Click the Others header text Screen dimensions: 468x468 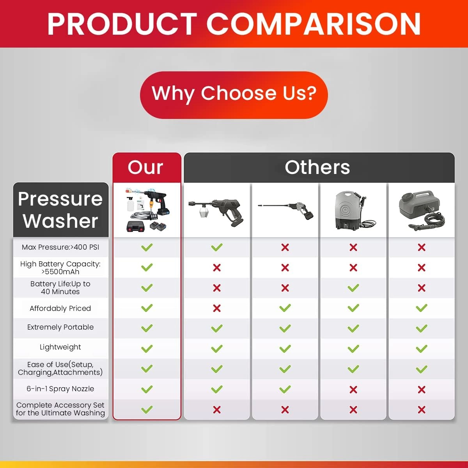(317, 167)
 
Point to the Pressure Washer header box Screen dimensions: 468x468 (60, 210)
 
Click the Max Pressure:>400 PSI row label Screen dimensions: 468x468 (60, 247)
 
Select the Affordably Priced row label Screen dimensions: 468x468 (60, 308)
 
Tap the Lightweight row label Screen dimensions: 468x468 (60, 347)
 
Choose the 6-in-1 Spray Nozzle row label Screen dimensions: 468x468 (60, 389)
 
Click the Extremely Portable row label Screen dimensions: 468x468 (60, 327)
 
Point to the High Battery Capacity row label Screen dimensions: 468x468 (60, 268)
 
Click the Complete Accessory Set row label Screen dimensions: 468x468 (60, 409)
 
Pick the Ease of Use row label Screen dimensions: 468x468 (60, 369)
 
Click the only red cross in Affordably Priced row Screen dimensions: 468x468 (217, 308)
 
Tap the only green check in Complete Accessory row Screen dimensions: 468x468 (147, 409)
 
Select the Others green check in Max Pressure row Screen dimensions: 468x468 (217, 247)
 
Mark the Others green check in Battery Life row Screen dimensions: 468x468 (353, 288)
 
